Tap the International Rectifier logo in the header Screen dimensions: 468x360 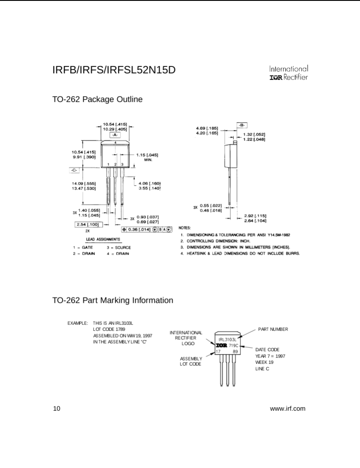point(288,73)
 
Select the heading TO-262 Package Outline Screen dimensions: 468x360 point(98,100)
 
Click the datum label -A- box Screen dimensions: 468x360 point(115,135)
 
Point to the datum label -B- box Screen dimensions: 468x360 point(242,125)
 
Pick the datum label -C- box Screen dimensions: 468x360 point(75,170)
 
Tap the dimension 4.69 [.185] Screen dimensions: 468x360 point(206,128)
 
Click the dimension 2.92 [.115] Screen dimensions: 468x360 point(255,215)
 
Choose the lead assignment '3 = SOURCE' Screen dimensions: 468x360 point(119,247)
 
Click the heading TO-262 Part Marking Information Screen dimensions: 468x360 point(113,300)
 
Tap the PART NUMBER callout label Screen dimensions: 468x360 point(273,329)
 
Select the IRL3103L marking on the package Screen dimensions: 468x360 point(228,339)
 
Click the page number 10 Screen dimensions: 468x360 point(56,408)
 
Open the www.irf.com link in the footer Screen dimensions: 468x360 point(288,408)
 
